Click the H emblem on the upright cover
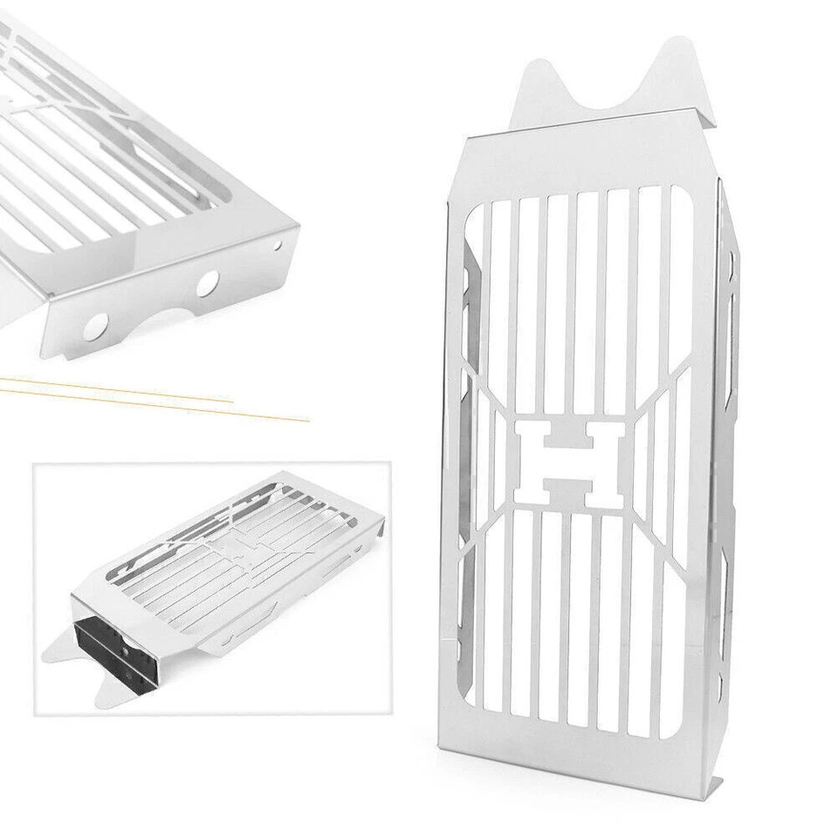569,463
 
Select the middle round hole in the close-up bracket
207,283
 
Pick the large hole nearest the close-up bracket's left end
95,326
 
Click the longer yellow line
157,399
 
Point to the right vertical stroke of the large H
608,463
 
